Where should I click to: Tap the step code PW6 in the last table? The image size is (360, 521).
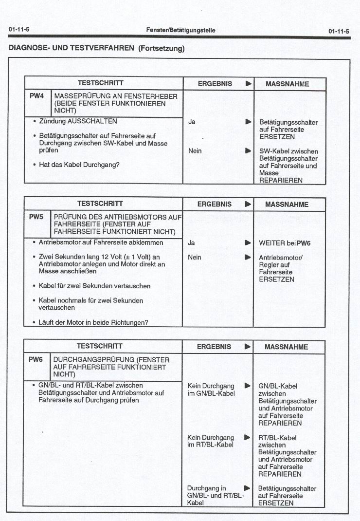point(36,359)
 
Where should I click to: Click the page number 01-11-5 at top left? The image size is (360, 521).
point(19,30)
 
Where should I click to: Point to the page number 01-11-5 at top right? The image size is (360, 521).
point(339,31)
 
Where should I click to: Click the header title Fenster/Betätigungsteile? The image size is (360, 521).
point(180,30)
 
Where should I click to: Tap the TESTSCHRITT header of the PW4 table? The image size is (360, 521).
point(101,83)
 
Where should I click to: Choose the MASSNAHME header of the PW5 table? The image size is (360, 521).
point(287,205)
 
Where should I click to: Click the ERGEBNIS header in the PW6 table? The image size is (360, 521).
point(214,347)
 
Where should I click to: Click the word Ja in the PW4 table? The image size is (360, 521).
point(192,122)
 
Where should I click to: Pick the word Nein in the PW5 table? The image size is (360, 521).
point(195,257)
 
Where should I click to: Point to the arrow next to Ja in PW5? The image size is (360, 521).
point(248,242)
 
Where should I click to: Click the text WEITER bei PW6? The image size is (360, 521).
point(285,242)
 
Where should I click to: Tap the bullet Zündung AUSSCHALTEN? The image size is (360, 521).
point(78,121)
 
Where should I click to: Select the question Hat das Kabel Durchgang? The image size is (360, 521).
point(79,165)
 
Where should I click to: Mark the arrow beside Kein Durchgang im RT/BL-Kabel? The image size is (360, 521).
point(248,437)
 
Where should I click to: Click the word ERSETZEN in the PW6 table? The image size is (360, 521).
point(276,503)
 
